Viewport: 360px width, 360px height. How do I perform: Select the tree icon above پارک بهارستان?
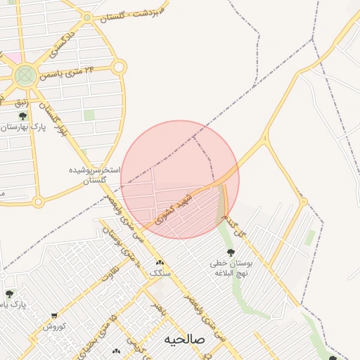22,116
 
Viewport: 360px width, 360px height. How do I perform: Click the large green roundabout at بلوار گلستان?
25,75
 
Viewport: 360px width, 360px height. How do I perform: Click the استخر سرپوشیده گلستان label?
95,175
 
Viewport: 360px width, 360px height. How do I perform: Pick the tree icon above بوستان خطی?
229,252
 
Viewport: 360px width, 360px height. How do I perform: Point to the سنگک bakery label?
160,272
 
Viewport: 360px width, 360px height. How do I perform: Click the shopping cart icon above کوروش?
54,316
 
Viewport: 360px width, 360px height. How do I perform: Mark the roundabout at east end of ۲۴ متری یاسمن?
119,67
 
